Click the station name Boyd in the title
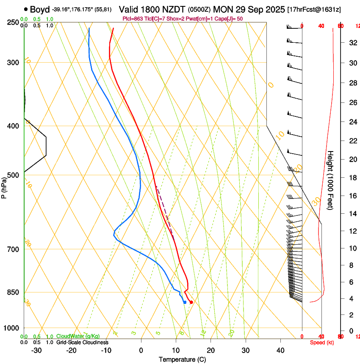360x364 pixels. pos(40,9)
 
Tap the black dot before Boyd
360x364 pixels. pos(26,9)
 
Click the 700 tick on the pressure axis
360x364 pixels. pos(12,249)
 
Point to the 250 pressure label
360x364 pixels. pos(12,22)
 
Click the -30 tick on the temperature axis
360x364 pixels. pos(36,350)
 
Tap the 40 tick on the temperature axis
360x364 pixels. pos(280,350)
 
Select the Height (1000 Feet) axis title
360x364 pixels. pos(331,180)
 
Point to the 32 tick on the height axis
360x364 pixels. pos(352,43)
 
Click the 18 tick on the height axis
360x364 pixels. pos(352,178)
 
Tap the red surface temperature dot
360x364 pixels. pos(191,302)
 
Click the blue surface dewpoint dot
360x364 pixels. pos(185,302)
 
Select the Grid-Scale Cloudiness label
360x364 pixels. pos(82,342)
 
